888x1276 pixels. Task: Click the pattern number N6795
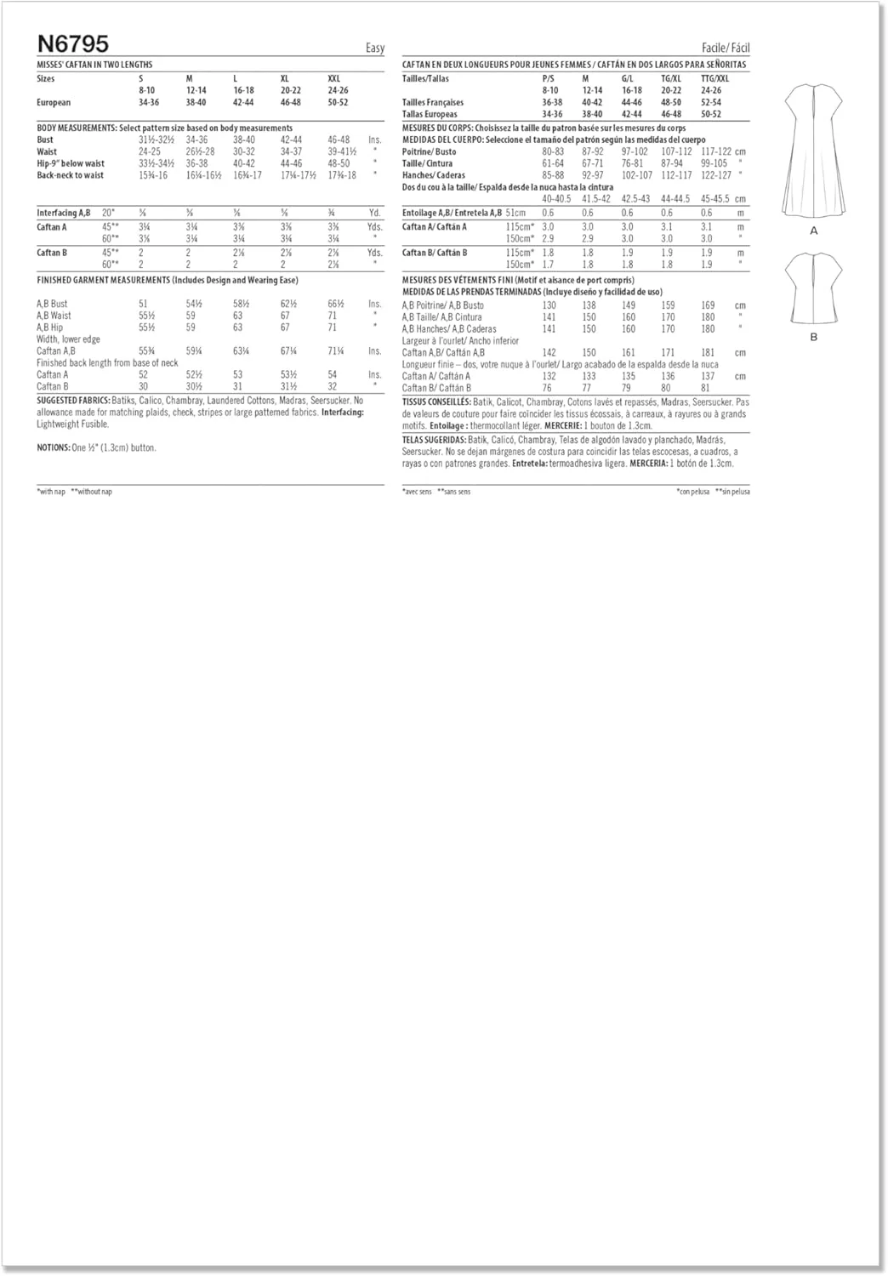point(73,44)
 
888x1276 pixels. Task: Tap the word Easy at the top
point(374,48)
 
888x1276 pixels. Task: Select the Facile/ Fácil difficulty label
point(726,48)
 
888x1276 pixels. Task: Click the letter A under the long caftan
point(814,231)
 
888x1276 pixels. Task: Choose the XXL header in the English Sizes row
point(333,78)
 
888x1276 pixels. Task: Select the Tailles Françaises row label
point(433,102)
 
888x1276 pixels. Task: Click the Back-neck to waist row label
point(70,175)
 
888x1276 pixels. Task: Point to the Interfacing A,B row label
point(63,213)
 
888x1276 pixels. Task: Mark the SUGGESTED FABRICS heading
point(73,400)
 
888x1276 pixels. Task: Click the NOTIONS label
point(54,447)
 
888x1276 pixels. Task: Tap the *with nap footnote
point(51,492)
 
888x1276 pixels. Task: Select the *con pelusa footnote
point(692,492)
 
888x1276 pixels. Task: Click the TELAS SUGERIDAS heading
point(434,440)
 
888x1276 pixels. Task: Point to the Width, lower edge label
point(68,339)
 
